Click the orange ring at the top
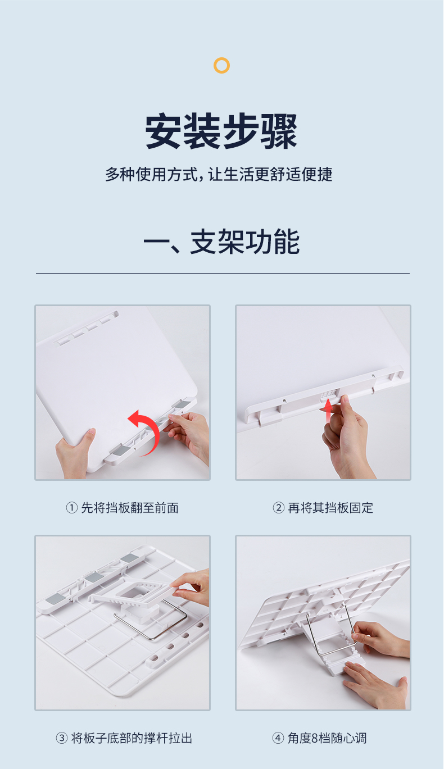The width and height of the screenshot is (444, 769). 221,58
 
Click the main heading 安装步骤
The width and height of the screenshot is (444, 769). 221,131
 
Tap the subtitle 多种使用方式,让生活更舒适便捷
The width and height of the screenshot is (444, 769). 219,174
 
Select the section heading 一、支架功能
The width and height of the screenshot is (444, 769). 221,242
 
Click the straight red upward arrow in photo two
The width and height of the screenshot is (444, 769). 328,411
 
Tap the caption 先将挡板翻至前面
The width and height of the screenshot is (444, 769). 130,508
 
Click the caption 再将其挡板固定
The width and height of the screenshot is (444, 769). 330,508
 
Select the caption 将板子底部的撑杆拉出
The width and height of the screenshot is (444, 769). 132,738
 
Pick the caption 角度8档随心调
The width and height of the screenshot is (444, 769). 327,738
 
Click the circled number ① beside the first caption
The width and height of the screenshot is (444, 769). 71,508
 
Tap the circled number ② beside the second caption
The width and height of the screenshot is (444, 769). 279,508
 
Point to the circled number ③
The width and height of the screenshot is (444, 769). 61,738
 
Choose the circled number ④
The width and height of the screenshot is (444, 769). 278,738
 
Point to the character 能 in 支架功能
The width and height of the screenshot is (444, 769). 287,242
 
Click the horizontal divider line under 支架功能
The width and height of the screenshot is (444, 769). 223,273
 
